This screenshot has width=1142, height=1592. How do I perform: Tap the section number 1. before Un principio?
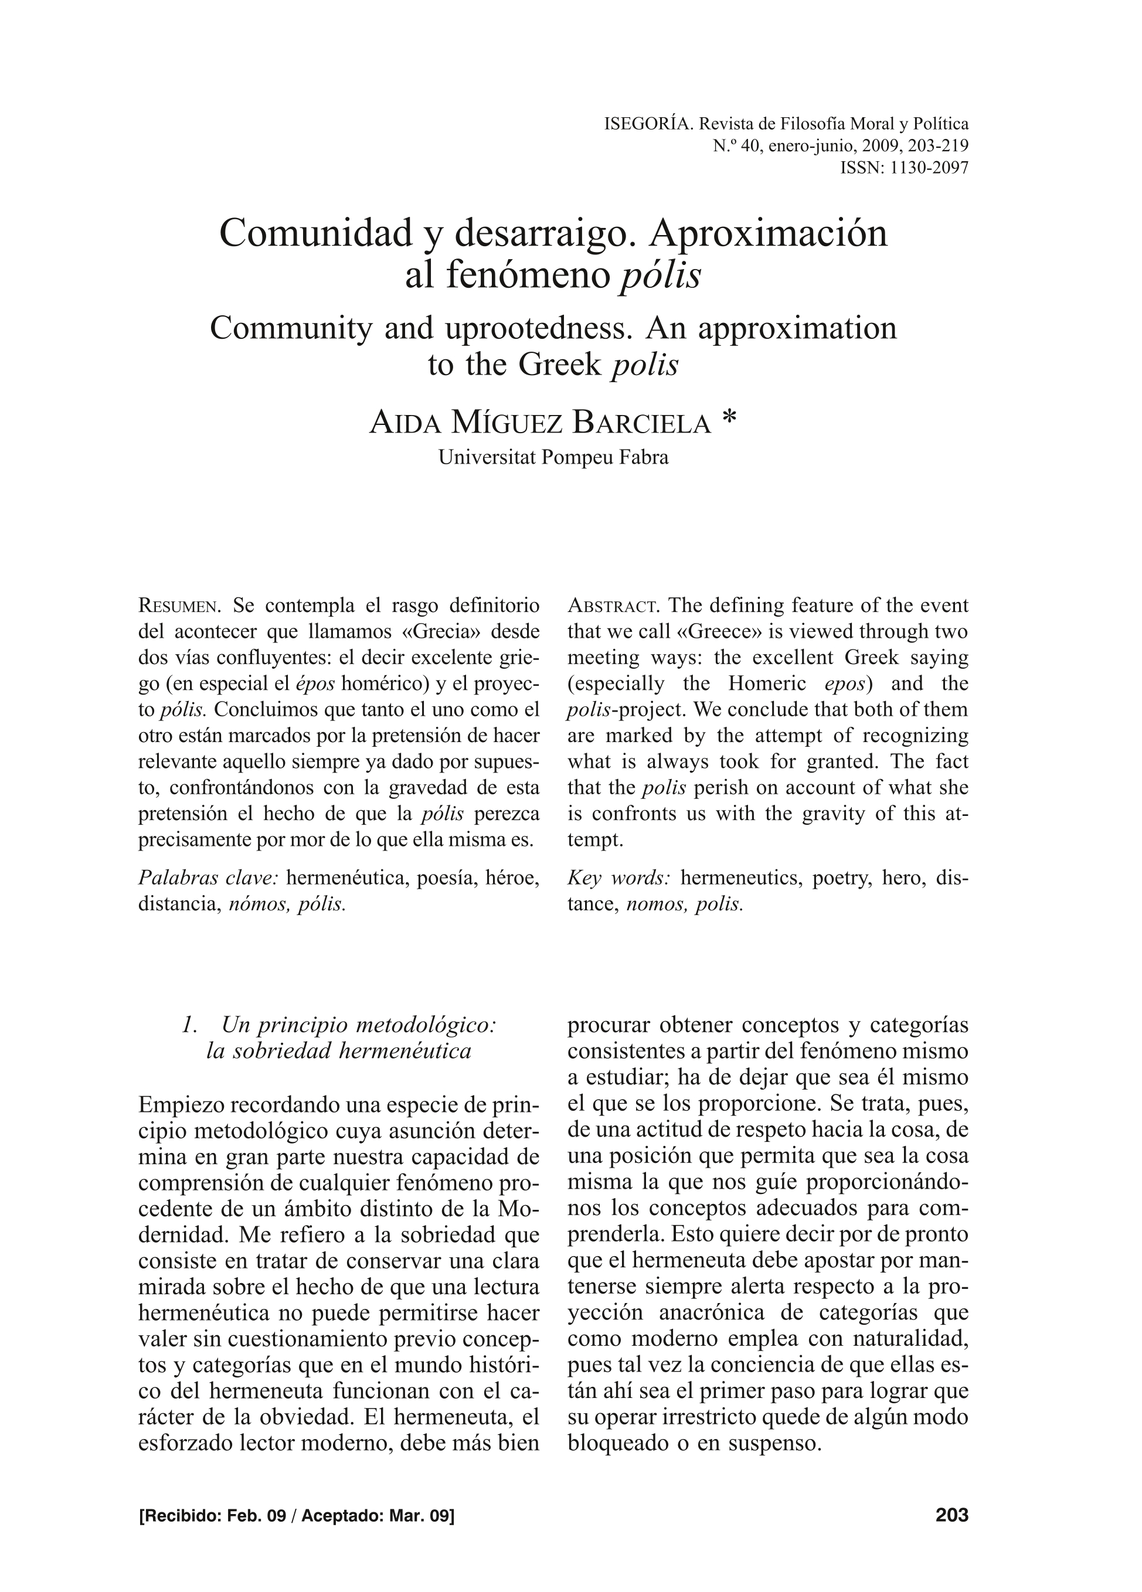pos(188,1026)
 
